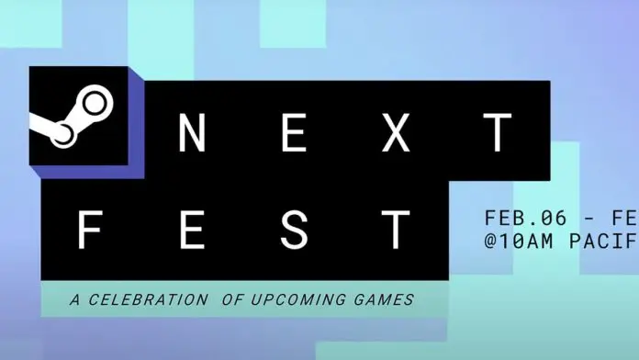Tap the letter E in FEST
tap(192, 229)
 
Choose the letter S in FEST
tap(294, 229)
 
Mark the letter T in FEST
tap(396, 229)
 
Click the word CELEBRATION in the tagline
tap(144, 299)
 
